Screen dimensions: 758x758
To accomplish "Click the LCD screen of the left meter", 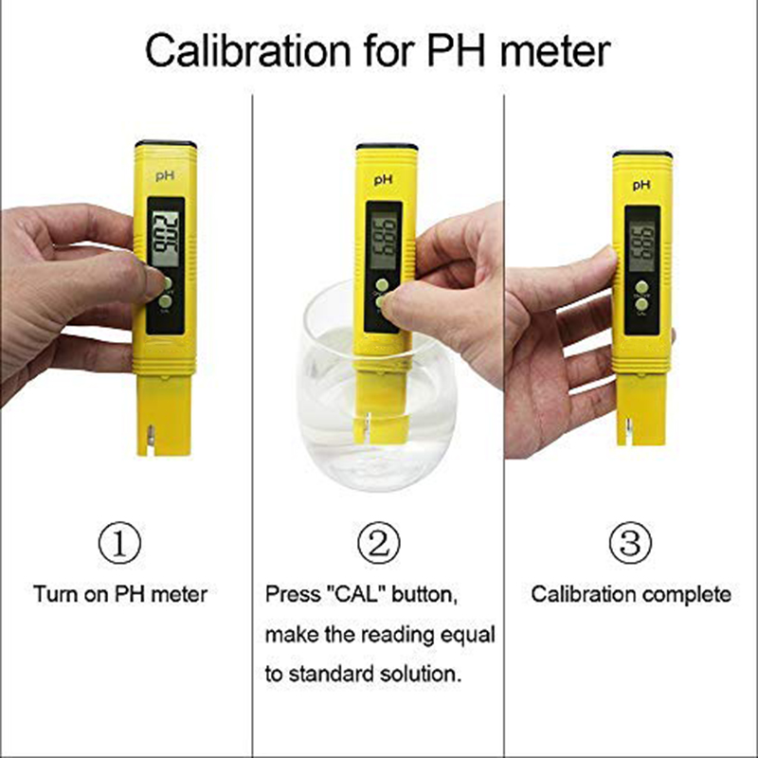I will click(166, 236).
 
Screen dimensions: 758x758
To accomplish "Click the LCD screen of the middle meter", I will click(383, 238).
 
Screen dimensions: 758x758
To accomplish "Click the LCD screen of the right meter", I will click(643, 239).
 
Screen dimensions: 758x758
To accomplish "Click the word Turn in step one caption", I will click(52, 595).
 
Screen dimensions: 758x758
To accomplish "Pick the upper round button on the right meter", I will click(642, 286).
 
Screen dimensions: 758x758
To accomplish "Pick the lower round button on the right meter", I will click(642, 307).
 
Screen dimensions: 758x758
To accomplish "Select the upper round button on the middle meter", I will click(381, 284).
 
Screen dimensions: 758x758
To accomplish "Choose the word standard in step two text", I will click(332, 675).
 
